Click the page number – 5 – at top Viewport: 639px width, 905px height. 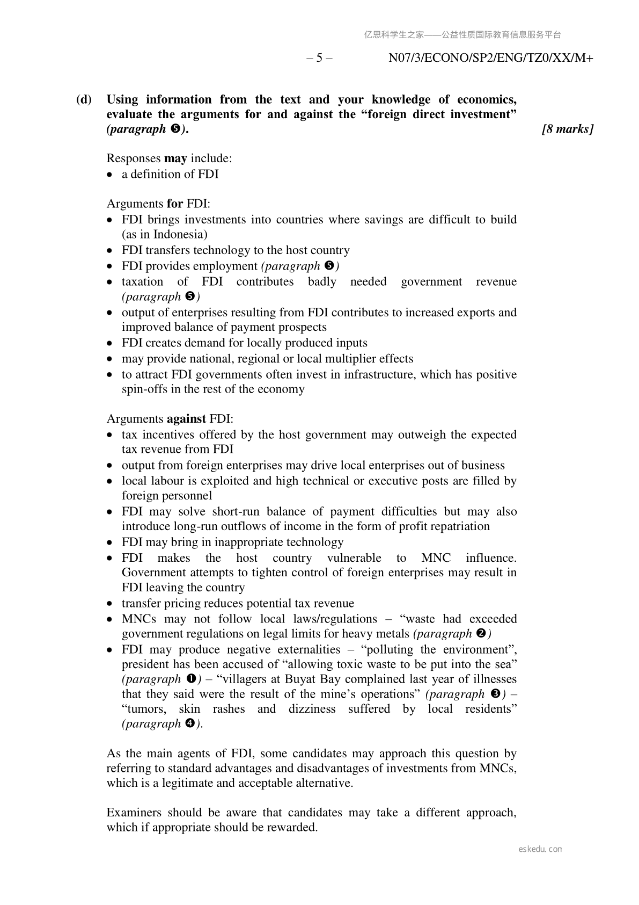point(319,58)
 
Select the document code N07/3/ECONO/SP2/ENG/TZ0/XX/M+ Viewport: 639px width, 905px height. point(490,58)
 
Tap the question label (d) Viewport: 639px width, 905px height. point(84,99)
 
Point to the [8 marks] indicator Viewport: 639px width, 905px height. point(568,129)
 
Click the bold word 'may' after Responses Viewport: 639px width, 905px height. point(175,158)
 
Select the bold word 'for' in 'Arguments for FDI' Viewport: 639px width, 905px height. point(175,204)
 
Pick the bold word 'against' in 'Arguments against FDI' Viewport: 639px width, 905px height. point(186,419)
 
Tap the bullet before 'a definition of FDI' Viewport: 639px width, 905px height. point(110,175)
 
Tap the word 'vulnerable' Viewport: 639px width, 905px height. point(354,558)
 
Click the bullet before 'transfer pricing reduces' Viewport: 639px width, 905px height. point(110,604)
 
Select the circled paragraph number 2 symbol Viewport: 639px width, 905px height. point(481,634)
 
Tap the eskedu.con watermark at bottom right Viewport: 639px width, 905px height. point(540,849)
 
